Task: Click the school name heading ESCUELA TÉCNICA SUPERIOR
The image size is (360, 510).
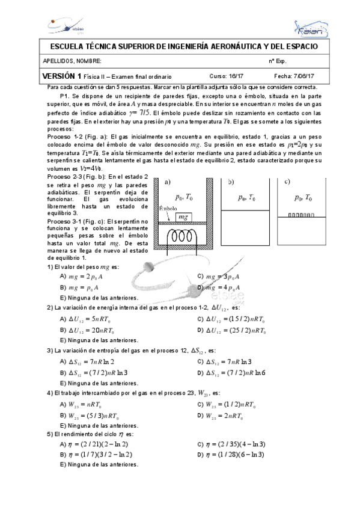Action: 180,47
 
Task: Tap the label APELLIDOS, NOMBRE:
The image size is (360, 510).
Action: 72,61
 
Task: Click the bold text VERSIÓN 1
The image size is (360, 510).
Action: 61,76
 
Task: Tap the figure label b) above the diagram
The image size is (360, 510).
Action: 231,182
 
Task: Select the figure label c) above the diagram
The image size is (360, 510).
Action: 287,182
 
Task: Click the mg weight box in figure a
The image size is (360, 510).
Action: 183,217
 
